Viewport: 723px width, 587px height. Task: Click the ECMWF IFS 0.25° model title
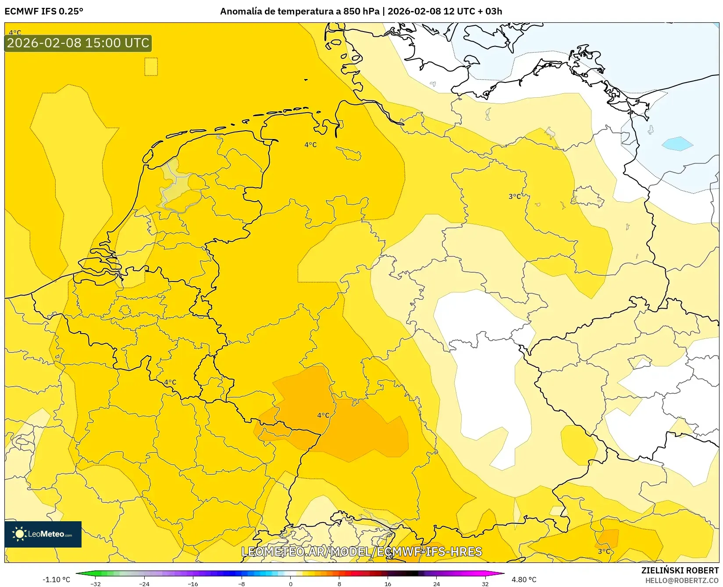point(44,11)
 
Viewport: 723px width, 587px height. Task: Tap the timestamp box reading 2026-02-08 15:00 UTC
point(78,43)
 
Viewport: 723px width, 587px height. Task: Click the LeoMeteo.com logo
point(43,534)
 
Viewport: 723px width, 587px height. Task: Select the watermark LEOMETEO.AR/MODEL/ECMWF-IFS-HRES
point(361,551)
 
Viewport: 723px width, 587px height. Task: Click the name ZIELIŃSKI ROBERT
point(680,570)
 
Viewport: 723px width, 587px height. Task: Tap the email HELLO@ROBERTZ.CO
point(681,580)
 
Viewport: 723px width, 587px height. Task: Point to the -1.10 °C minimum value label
point(56,580)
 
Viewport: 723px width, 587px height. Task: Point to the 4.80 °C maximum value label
point(524,580)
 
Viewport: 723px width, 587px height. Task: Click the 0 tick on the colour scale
point(290,583)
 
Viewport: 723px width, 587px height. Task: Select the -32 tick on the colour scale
point(96,583)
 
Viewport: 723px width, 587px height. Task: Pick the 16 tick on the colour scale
point(388,583)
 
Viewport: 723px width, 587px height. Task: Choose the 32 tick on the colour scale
point(485,583)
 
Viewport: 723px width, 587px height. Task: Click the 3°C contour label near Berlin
point(514,196)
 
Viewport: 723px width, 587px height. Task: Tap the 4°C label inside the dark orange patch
point(323,415)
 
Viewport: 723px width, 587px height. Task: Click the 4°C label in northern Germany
point(310,145)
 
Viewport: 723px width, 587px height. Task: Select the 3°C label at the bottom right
point(604,551)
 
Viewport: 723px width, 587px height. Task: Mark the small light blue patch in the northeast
point(677,143)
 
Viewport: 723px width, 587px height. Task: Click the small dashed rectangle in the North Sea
point(151,67)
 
